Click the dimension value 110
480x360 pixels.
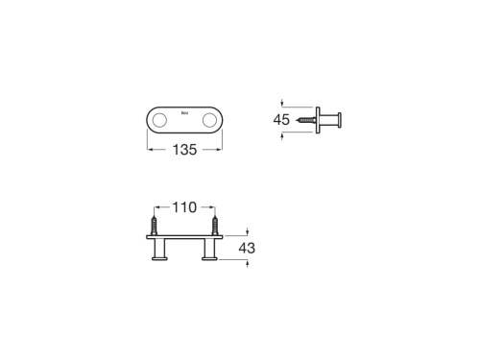184,207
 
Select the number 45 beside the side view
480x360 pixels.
282,119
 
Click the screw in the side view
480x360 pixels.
305,119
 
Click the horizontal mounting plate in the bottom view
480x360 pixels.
184,241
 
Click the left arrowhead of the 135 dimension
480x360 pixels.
149,149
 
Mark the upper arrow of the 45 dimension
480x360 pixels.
282,101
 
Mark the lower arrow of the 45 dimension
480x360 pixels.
282,136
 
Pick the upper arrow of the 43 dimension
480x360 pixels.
248,230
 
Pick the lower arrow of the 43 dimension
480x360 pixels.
248,264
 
